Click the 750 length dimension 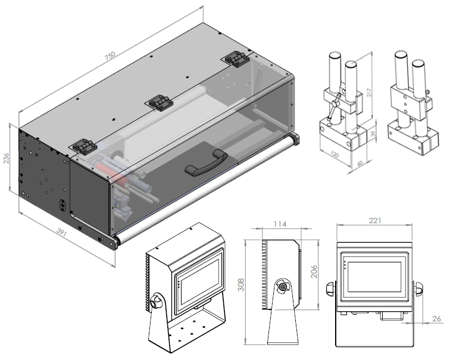point(110,56)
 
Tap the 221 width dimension point(375,220)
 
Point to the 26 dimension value point(437,319)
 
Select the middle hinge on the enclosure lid point(160,102)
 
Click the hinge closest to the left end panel point(84,145)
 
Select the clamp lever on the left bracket point(336,108)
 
